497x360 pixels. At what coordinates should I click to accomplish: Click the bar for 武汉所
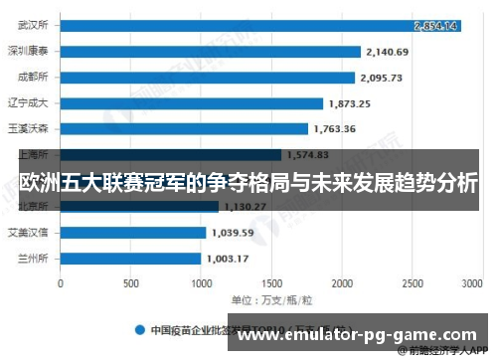[258, 26]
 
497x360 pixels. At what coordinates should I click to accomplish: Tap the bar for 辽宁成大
[191, 102]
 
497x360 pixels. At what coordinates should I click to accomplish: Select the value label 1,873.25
[349, 102]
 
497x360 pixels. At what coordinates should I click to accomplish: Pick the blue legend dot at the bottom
[141, 327]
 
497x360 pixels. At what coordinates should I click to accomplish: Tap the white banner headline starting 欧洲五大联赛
[248, 184]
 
